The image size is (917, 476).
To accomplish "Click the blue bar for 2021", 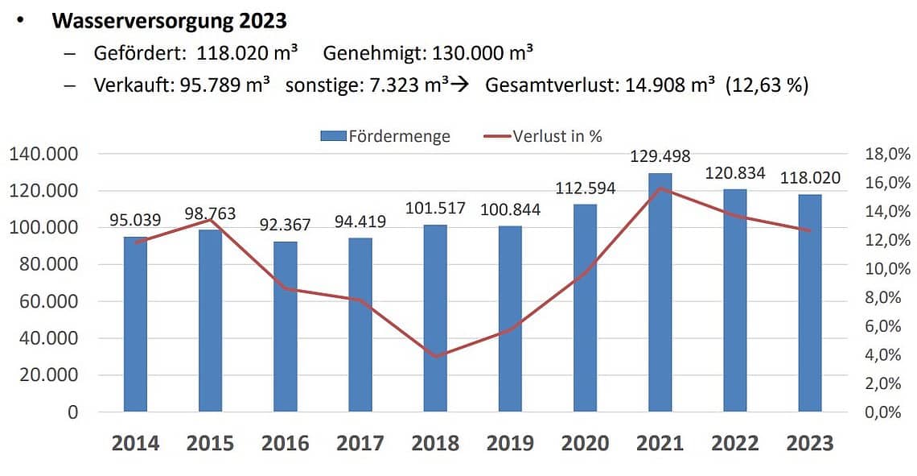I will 660,292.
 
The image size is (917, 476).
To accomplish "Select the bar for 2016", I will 286,326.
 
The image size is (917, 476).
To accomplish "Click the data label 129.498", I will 660,157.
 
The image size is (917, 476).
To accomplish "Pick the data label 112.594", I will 585,188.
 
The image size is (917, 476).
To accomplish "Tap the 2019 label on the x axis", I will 510,443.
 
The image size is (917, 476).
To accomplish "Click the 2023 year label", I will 810,443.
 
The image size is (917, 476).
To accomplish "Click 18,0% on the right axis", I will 887,154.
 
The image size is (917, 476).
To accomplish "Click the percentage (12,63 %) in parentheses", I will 767,85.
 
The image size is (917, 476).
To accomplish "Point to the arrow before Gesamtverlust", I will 459,85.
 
